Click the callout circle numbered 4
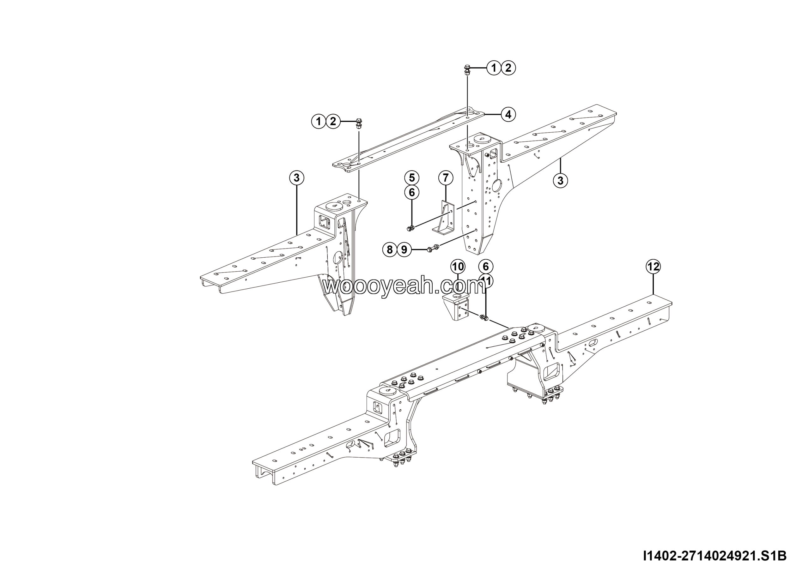pos(508,114)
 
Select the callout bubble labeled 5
pos(411,177)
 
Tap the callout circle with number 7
pos(446,178)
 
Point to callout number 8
pos(390,249)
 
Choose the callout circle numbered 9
pos(404,249)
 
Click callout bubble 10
pos(458,267)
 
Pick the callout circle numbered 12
pos(653,267)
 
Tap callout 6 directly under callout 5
pos(411,192)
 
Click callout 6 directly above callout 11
pos(486,267)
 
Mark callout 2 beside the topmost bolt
pos(508,68)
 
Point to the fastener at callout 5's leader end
pos(411,228)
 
